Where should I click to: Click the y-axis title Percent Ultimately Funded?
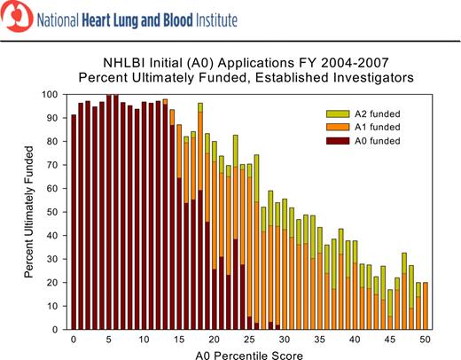(29, 211)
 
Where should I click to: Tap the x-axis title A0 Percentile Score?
(249, 354)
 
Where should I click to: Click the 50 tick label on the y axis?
(52, 212)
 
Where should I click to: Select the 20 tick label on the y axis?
(52, 282)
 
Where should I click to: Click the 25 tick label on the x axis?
(249, 339)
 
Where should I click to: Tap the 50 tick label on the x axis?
(425, 339)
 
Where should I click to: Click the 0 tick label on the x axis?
(74, 339)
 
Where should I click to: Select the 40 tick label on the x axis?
(355, 339)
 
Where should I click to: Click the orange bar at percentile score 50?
(426, 306)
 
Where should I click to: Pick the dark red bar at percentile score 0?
(74, 222)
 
